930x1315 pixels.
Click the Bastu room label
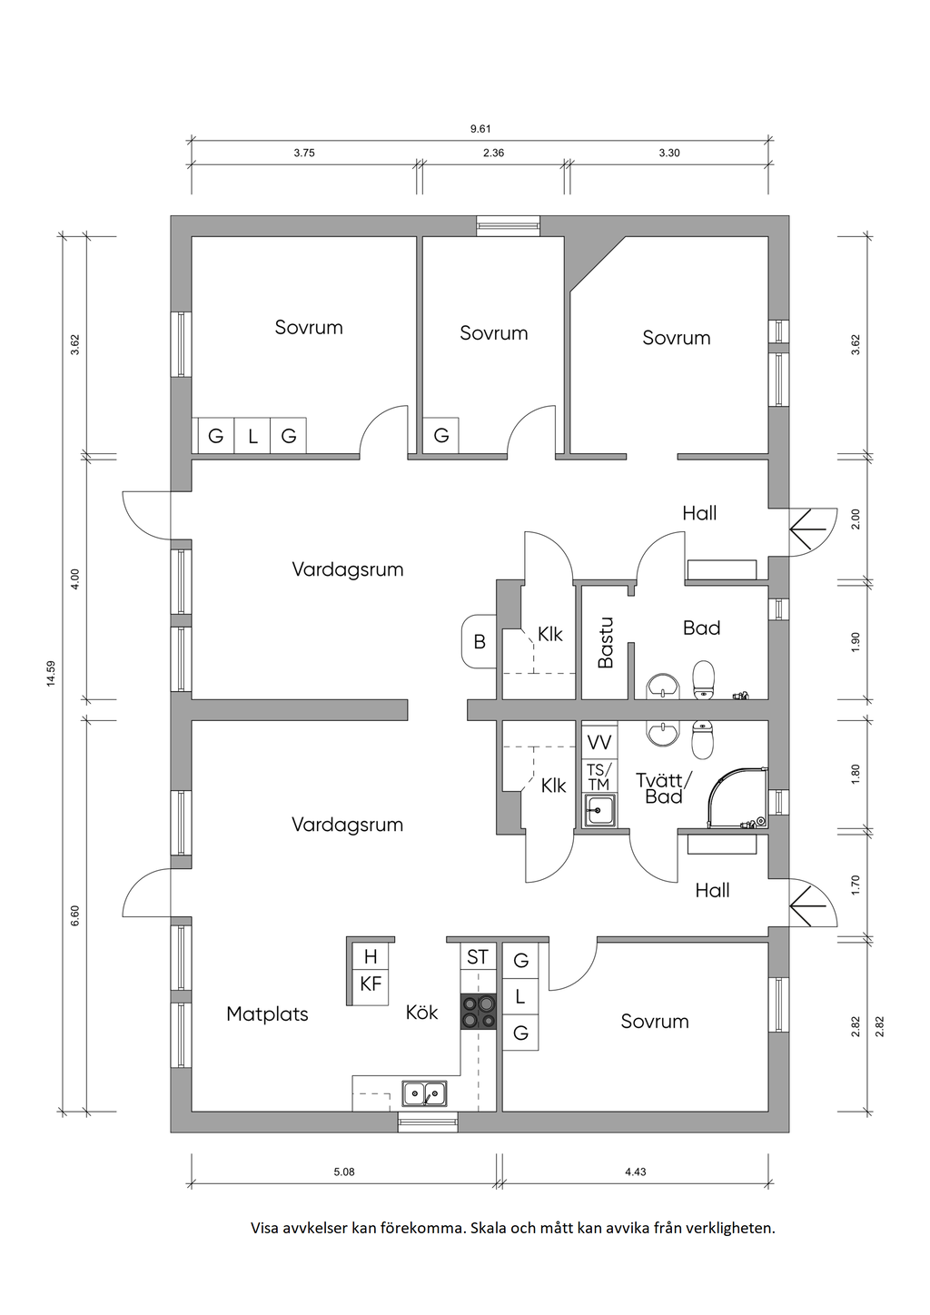(606, 642)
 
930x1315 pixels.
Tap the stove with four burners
(478, 1012)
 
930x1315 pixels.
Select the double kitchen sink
(424, 1093)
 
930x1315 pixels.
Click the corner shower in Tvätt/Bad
(737, 797)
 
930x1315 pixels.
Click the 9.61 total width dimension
(480, 129)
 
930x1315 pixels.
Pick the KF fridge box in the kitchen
(371, 984)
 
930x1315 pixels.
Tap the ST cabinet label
(478, 957)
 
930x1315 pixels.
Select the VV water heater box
(599, 742)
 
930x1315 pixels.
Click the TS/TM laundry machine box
(599, 776)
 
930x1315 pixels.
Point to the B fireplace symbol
(480, 642)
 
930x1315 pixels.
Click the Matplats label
(267, 1013)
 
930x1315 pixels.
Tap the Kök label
(421, 1012)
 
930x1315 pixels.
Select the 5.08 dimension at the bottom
(344, 1172)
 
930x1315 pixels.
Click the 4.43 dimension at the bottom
(635, 1172)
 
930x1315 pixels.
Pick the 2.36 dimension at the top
(493, 153)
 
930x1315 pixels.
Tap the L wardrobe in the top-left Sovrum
(252, 436)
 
